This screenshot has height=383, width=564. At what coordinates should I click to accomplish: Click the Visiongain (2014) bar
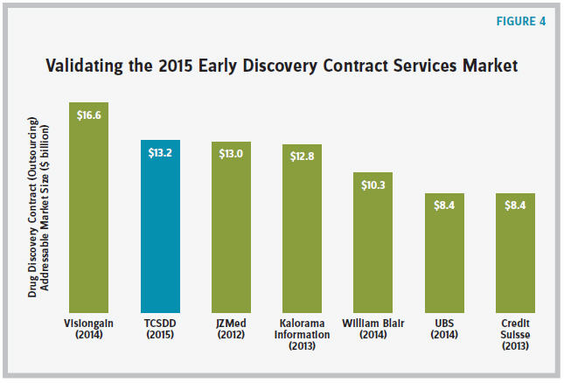click(88, 210)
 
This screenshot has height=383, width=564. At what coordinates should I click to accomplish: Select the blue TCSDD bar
click(160, 227)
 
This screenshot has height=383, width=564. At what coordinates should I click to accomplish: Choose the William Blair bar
click(374, 245)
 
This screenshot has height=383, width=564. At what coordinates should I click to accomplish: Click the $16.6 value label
click(88, 115)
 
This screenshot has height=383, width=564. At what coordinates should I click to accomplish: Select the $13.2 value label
click(160, 152)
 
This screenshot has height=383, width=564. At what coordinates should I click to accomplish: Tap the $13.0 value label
click(232, 154)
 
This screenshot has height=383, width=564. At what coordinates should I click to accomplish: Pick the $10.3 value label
click(374, 185)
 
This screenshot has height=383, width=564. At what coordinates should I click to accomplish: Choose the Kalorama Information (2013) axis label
click(303, 333)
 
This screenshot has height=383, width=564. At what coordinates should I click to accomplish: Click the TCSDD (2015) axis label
click(160, 328)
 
